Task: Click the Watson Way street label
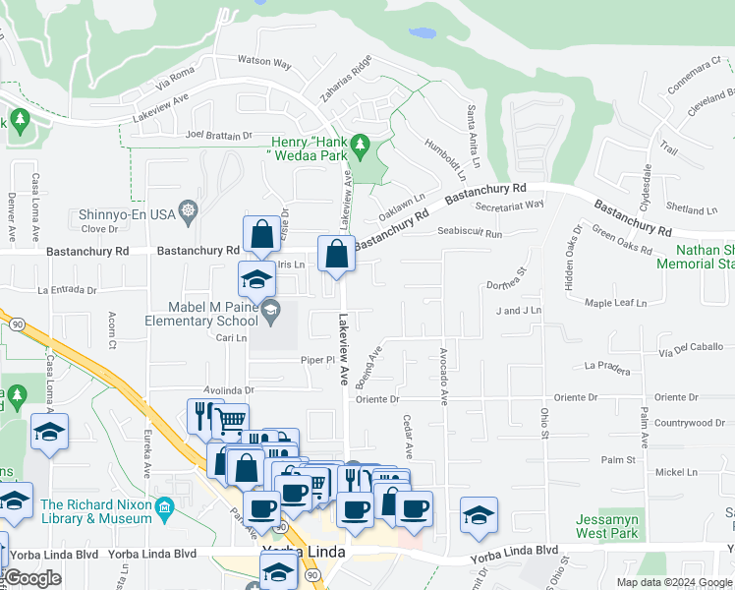coord(264,62)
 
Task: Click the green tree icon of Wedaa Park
coord(361,147)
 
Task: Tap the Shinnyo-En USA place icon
coord(189,212)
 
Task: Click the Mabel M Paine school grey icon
coord(268,312)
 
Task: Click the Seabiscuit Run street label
coord(470,233)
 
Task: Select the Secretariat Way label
coord(508,205)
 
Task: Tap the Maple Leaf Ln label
coord(616,303)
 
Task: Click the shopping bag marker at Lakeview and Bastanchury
coord(336,255)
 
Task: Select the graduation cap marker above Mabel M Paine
coord(256,279)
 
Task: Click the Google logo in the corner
coord(32,579)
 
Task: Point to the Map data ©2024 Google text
coord(673,582)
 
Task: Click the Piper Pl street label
coord(317,360)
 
